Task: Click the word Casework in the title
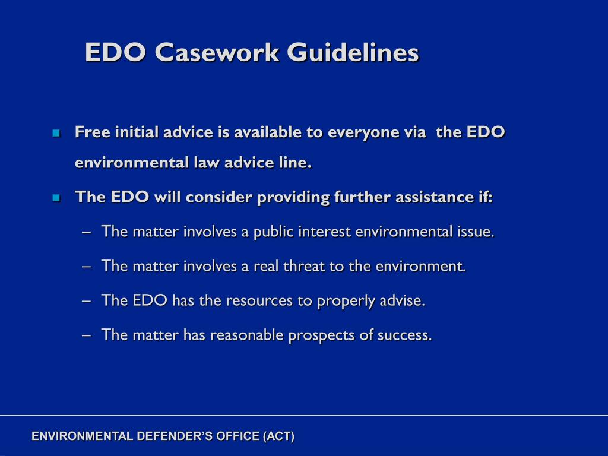217,52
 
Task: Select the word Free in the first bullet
89,132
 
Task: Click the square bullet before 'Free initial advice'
56,133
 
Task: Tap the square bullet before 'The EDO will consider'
56,198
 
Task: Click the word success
407,335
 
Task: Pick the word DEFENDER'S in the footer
165,436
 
